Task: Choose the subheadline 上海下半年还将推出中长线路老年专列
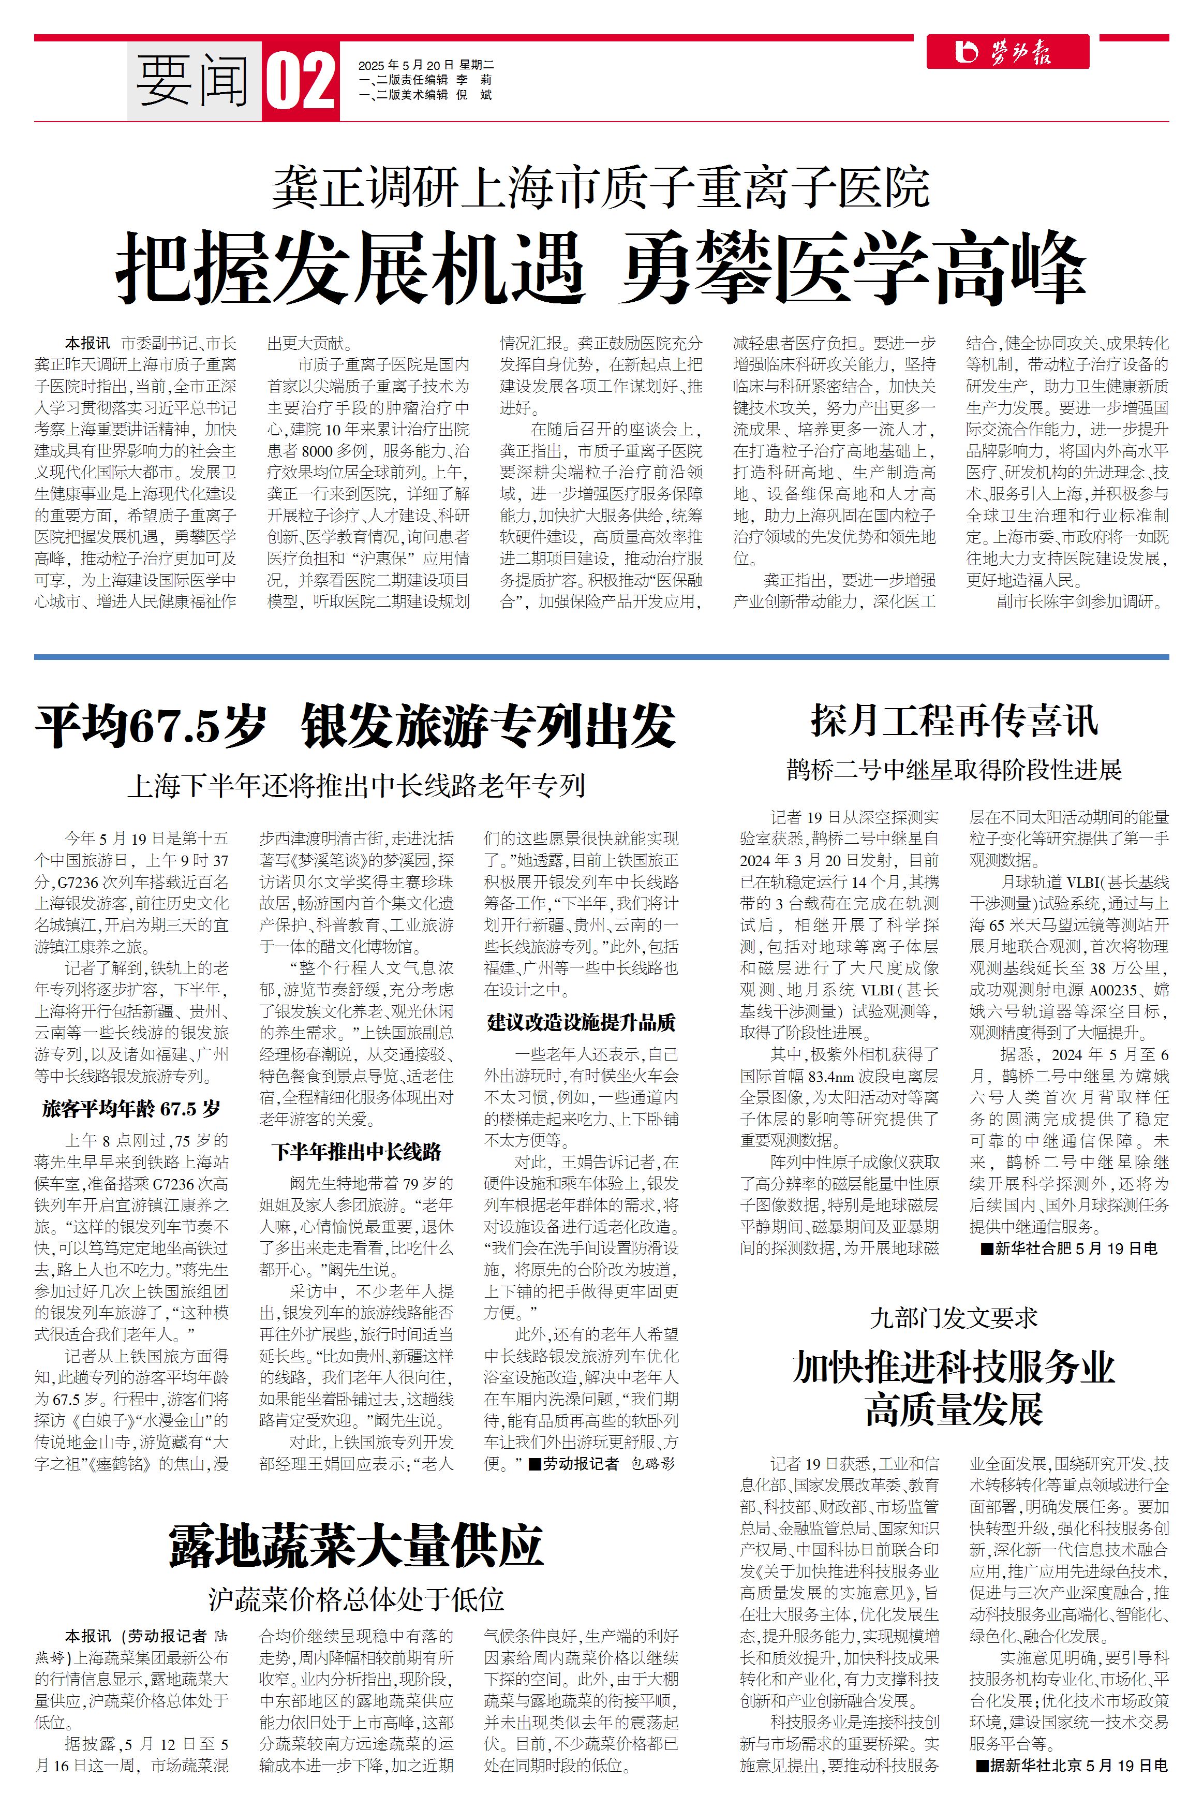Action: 356,785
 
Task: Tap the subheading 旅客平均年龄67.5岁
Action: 131,1109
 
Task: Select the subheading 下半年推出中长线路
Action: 356,1152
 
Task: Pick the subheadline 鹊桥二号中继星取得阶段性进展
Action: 954,769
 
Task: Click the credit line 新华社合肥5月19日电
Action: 1069,1248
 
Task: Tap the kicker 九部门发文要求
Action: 954,1318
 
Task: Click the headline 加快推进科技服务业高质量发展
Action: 954,1388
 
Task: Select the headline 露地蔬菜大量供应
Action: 356,1545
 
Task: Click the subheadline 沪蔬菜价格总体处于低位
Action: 356,1598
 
